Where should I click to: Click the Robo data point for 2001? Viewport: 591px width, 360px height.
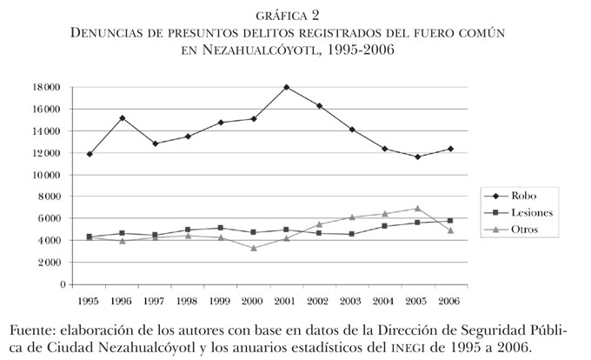tap(286, 88)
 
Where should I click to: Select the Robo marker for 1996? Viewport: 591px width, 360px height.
tap(123, 118)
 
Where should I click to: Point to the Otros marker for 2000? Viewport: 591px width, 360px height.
tap(254, 248)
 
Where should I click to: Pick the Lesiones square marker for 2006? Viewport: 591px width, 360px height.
tap(449, 221)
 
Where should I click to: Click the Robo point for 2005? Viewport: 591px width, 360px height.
tap(417, 157)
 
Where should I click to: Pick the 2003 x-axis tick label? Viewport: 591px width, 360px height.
tap(351, 301)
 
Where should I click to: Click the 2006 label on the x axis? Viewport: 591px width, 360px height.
tap(449, 301)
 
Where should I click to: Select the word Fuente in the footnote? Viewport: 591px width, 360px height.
tap(31, 330)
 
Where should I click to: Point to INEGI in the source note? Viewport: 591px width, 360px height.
tap(411, 348)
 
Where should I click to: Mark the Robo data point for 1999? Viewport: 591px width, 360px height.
tap(221, 123)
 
